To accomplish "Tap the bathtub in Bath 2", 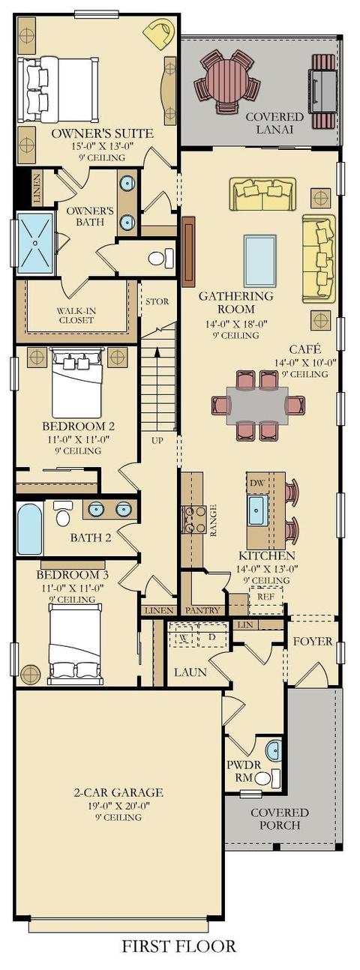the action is [30, 528].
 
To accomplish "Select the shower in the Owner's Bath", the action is [35, 243].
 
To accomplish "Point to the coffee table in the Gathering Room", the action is [260, 261].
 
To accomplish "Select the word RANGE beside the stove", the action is [213, 520].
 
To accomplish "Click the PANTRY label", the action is [202, 610].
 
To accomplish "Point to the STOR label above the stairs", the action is [157, 301].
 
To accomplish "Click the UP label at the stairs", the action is [157, 440].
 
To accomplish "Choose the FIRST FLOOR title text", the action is [179, 948].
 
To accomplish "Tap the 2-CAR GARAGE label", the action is [118, 792].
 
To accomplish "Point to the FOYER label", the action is [313, 641].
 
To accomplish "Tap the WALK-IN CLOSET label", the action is [76, 316].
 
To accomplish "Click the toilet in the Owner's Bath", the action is [160, 259].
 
